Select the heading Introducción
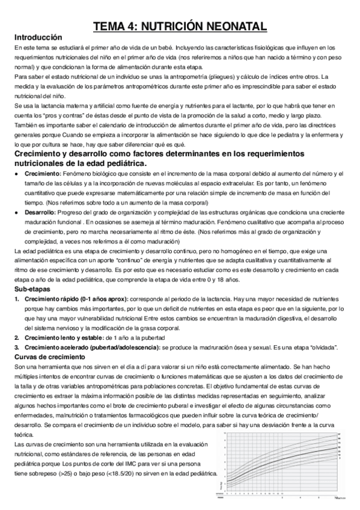(38, 37)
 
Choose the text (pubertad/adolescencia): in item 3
(130, 347)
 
